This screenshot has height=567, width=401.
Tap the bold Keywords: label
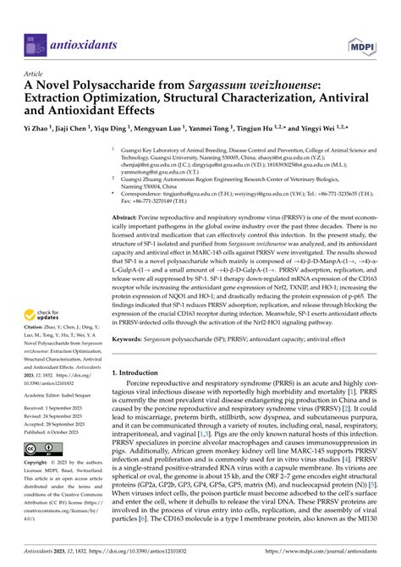tap(133, 362)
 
